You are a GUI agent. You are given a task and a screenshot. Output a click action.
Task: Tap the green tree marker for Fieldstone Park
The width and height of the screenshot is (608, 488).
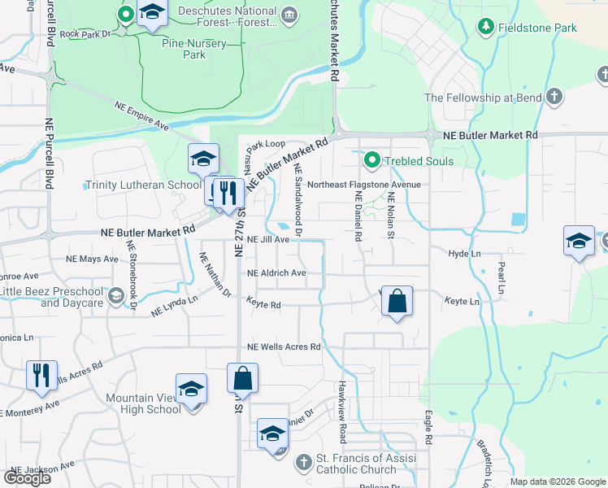coord(486,27)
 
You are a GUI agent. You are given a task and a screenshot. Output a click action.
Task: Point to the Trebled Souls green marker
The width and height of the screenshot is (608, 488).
coord(372,160)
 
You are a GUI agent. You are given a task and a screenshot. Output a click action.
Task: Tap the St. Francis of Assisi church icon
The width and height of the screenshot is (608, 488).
coord(302,463)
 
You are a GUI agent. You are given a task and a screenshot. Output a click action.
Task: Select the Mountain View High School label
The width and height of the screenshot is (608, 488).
coord(143,403)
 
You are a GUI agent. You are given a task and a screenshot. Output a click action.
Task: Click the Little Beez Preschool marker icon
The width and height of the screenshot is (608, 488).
coord(117,296)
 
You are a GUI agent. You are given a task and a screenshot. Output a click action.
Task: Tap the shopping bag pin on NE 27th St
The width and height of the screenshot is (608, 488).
coord(243,378)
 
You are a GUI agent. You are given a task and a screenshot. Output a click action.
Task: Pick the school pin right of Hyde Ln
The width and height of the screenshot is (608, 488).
coord(579,241)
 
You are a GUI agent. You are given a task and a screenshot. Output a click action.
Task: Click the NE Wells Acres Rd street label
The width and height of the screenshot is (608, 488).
coord(284,347)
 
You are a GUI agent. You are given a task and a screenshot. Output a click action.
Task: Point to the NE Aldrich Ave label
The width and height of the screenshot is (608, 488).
coord(276,273)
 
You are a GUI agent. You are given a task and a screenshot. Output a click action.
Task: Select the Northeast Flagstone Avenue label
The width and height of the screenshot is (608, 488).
coord(363,185)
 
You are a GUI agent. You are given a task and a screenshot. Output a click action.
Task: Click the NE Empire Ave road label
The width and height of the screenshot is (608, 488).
coord(141,116)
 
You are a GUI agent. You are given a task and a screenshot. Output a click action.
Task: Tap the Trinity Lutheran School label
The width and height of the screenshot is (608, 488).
coord(142,185)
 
